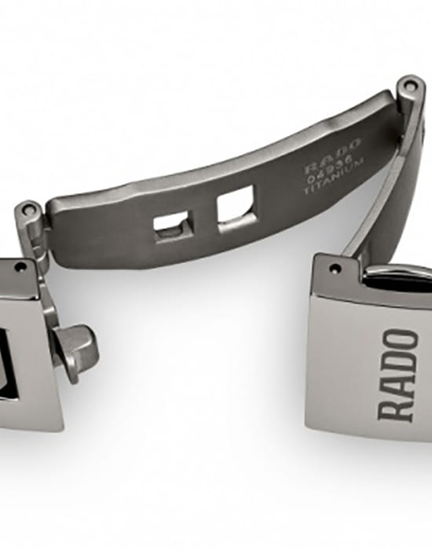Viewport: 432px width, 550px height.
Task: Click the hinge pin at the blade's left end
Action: click(31, 211)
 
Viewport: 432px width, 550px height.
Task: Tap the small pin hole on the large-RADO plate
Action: click(335, 269)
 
